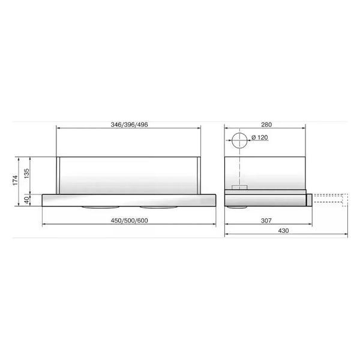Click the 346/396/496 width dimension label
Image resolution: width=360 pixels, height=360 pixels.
click(129, 125)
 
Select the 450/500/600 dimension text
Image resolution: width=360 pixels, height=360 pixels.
click(129, 221)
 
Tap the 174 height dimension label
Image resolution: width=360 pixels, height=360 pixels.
click(15, 180)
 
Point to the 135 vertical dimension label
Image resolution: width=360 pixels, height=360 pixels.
click(26, 173)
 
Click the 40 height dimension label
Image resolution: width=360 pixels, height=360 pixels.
click(27, 200)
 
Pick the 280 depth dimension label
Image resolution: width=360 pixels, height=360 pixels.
click(266, 125)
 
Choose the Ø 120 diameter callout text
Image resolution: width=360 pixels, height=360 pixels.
click(260, 137)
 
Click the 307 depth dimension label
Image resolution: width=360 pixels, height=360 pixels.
click(266, 221)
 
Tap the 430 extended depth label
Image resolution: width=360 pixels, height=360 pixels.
click(284, 231)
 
